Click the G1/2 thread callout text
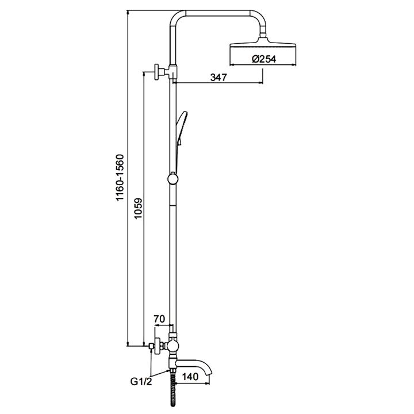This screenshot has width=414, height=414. [141, 380]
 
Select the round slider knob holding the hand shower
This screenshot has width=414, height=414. [172, 178]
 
